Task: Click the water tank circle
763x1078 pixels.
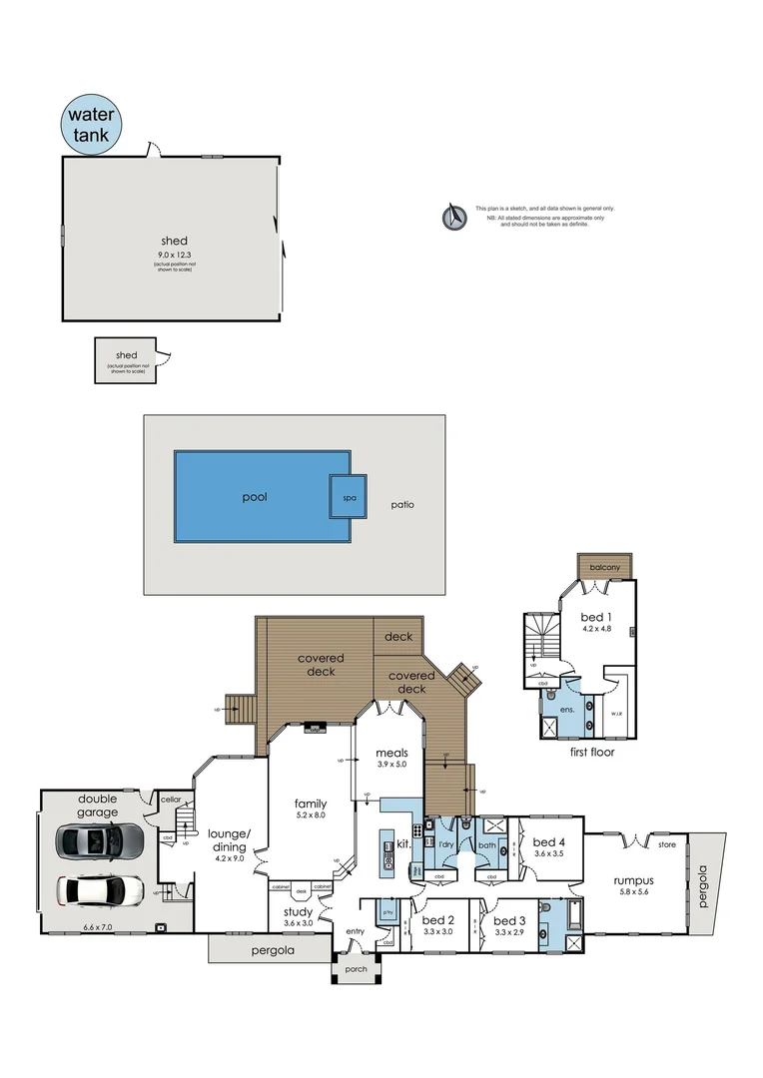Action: (92, 123)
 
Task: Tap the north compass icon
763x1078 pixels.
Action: (455, 217)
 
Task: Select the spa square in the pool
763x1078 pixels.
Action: (348, 496)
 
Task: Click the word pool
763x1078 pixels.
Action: (255, 496)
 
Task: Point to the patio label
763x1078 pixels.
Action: (402, 505)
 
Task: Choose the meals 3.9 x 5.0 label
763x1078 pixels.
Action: (389, 755)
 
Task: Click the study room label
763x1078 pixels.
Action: (298, 912)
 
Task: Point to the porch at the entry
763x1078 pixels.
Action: (355, 969)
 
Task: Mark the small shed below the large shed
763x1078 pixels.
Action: (127, 359)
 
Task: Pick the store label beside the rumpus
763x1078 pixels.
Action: (667, 846)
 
